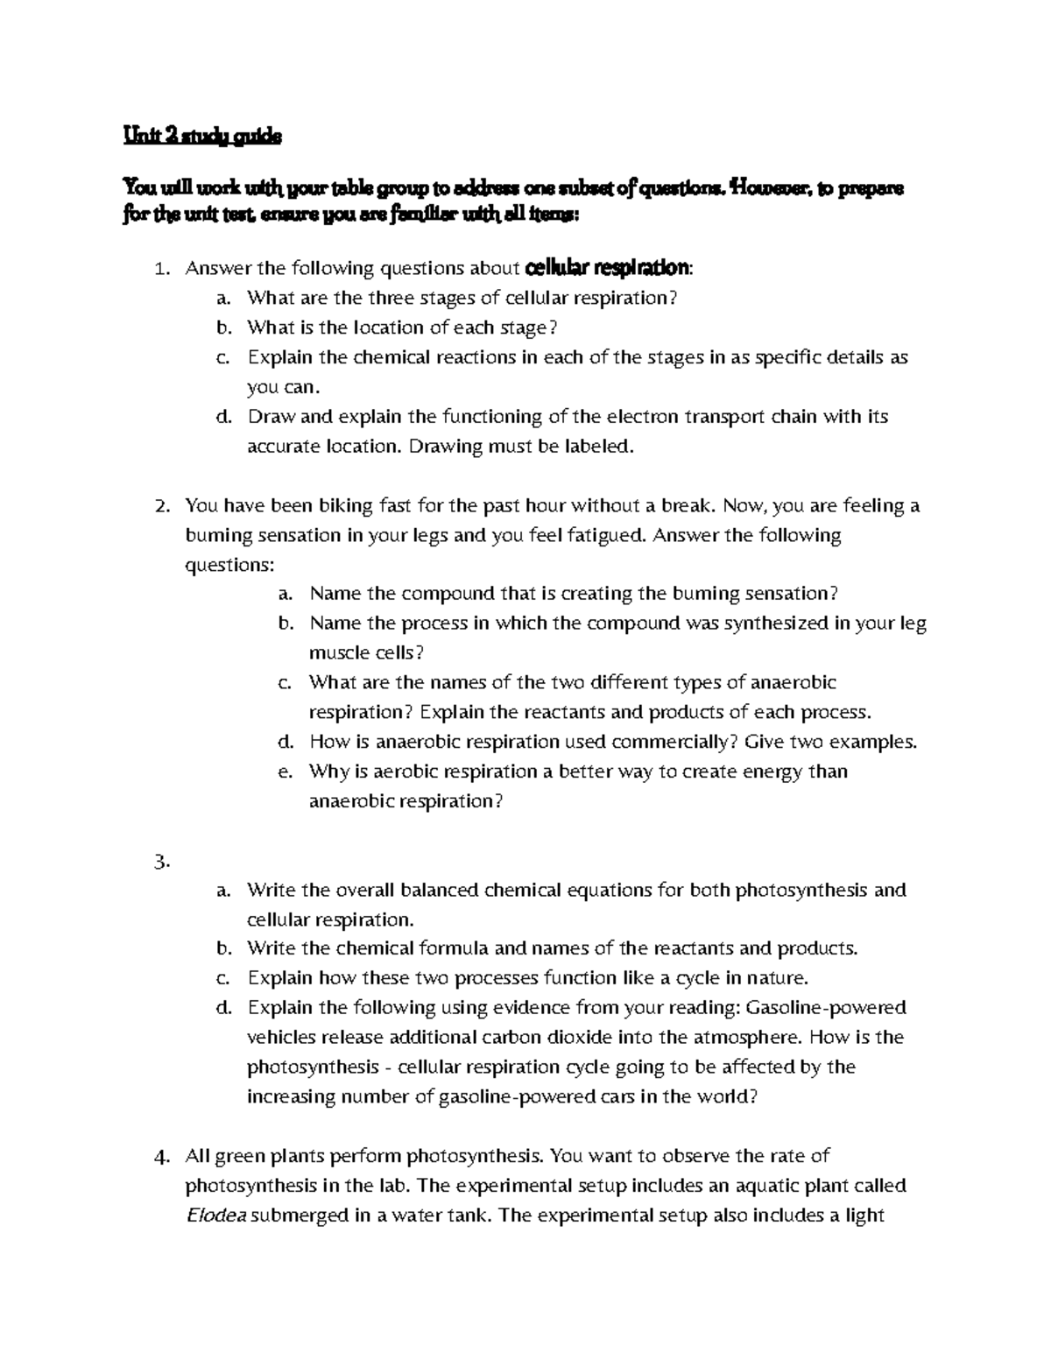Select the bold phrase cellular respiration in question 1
pyautogui.click(x=610, y=267)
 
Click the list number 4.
pyautogui.click(x=160, y=1157)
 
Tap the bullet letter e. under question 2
pyautogui.click(x=284, y=772)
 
